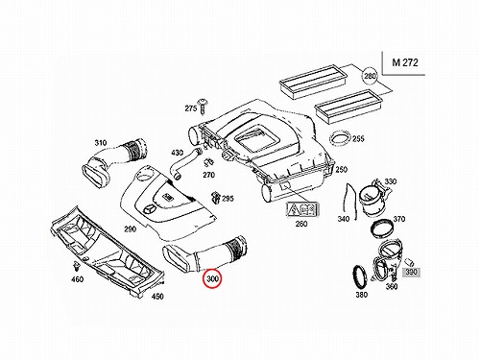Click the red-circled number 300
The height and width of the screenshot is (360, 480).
point(213,278)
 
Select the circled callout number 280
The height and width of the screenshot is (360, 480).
point(370,76)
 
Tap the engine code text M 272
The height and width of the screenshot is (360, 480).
point(405,62)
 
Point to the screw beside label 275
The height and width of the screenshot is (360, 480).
point(203,106)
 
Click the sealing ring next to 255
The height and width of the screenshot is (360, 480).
point(340,139)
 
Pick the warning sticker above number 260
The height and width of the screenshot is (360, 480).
point(302,209)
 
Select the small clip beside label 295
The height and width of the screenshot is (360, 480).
point(216,197)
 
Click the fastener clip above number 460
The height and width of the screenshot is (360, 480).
point(76,266)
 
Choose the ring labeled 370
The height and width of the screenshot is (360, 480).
point(382,228)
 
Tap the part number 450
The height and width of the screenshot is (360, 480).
point(157,297)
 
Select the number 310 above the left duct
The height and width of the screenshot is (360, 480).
point(100,143)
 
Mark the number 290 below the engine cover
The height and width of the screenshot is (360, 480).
point(131,229)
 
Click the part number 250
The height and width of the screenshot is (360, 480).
point(341,169)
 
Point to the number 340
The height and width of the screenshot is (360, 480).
point(344,219)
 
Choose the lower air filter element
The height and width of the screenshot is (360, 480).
point(348,105)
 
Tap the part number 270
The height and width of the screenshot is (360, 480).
point(208,175)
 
